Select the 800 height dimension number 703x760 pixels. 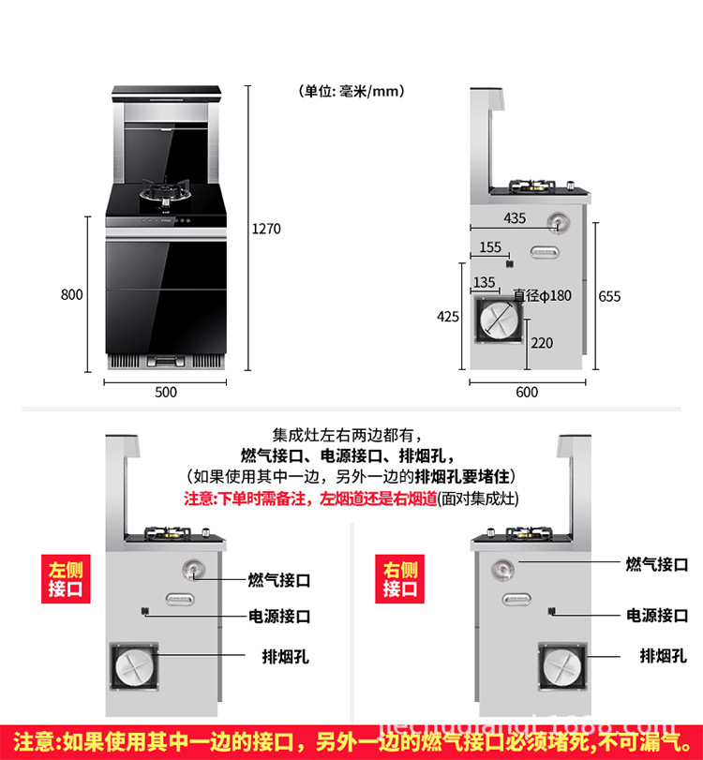pos(72,294)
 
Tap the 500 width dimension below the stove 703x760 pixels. pos(166,392)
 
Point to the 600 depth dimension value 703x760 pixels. pos(527,392)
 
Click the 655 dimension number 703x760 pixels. pos(609,296)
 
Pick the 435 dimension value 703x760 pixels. pos(516,218)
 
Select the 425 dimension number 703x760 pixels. pos(448,316)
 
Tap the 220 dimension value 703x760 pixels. pos(542,343)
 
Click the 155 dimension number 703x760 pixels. pos(490,247)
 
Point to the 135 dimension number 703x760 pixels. pos(484,282)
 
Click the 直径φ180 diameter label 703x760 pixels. pos(542,295)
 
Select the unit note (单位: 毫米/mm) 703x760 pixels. pos(351,91)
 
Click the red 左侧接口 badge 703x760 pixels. pos(66,579)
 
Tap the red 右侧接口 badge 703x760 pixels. pos(399,579)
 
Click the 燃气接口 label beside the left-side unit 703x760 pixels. pos(278,580)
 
